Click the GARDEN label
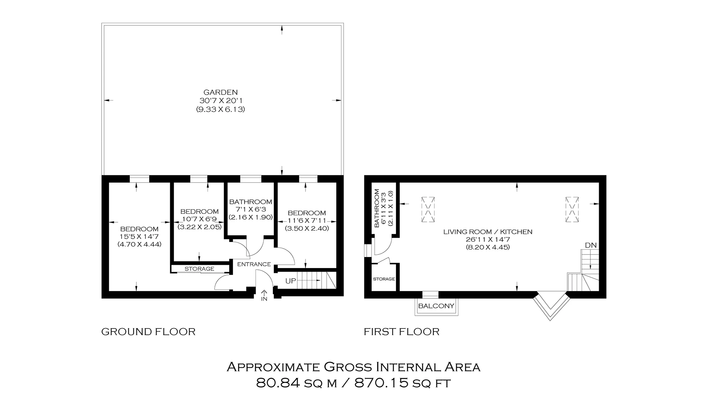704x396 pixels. pyautogui.click(x=220, y=92)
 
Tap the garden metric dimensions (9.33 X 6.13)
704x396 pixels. pyautogui.click(x=220, y=109)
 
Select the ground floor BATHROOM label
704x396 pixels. pyautogui.click(x=250, y=202)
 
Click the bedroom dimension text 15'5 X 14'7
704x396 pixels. pyautogui.click(x=139, y=237)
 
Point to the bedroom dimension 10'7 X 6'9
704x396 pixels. pyautogui.click(x=199, y=219)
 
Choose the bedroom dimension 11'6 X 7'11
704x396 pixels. pyautogui.click(x=307, y=221)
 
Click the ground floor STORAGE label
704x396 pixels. pyautogui.click(x=199, y=269)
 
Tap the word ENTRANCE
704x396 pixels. pyautogui.click(x=254, y=264)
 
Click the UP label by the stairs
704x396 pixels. pyautogui.click(x=290, y=281)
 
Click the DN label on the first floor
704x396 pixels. pyautogui.click(x=590, y=245)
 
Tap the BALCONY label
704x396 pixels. pyautogui.click(x=436, y=306)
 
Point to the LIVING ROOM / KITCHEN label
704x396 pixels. pyautogui.click(x=488, y=232)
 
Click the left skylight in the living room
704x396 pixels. pyautogui.click(x=428, y=210)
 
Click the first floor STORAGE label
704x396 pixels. pyautogui.click(x=384, y=279)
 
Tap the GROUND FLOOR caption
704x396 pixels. pyautogui.click(x=148, y=332)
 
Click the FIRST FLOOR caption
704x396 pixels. pyautogui.click(x=401, y=332)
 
